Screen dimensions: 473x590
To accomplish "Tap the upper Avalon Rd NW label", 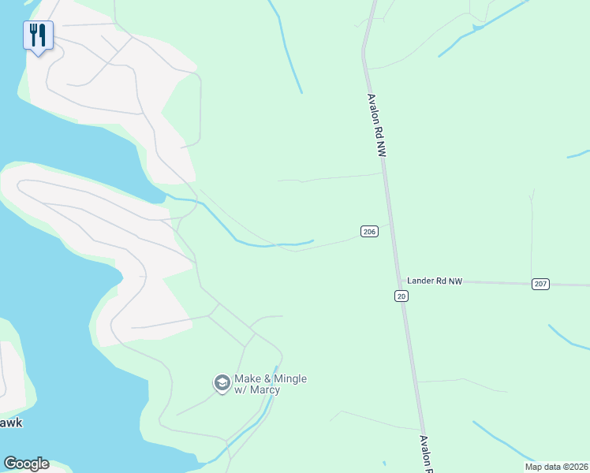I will [x=375, y=127].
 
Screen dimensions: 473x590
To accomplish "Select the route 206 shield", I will [x=369, y=231].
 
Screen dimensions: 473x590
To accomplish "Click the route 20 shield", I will [x=401, y=296].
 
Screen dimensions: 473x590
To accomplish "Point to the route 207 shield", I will [x=540, y=284].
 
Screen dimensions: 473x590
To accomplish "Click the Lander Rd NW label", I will [x=434, y=281].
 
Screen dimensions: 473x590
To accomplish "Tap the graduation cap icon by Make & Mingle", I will [x=222, y=383].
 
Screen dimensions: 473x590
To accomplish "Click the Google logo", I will [x=26, y=464].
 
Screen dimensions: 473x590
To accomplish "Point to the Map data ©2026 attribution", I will [x=556, y=466].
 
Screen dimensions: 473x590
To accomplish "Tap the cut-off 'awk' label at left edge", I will [x=10, y=423].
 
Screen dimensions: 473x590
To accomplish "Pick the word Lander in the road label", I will [x=422, y=281].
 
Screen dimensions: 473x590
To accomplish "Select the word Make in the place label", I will [x=248, y=379].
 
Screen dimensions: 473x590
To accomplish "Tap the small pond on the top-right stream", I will [x=476, y=28].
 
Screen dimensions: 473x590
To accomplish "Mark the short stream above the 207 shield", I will [x=577, y=154].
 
